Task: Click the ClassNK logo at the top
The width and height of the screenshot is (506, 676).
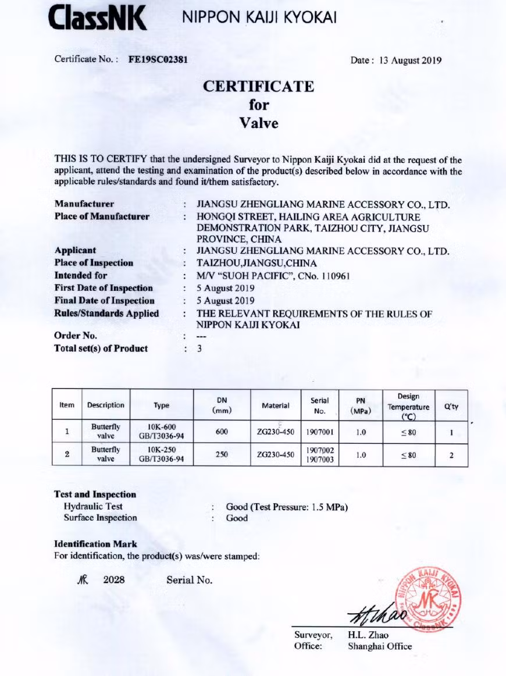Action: [98, 19]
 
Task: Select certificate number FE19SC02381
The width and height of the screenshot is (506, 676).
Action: [161, 59]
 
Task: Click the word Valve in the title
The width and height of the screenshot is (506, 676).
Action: [259, 123]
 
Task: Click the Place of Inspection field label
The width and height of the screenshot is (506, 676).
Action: [94, 263]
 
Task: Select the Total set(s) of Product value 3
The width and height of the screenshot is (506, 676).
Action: [199, 348]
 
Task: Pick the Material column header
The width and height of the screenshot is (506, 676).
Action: [275, 405]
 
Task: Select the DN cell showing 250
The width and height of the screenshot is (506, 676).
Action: [222, 454]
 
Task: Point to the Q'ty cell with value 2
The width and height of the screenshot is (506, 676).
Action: [451, 454]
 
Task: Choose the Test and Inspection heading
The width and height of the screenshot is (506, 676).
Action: [95, 494]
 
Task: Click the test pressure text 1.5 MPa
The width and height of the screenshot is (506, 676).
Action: [328, 507]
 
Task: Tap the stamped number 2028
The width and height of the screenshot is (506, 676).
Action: [114, 580]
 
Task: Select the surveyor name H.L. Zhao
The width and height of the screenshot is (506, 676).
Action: [368, 635]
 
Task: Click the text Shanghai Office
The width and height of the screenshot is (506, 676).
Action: [379, 646]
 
